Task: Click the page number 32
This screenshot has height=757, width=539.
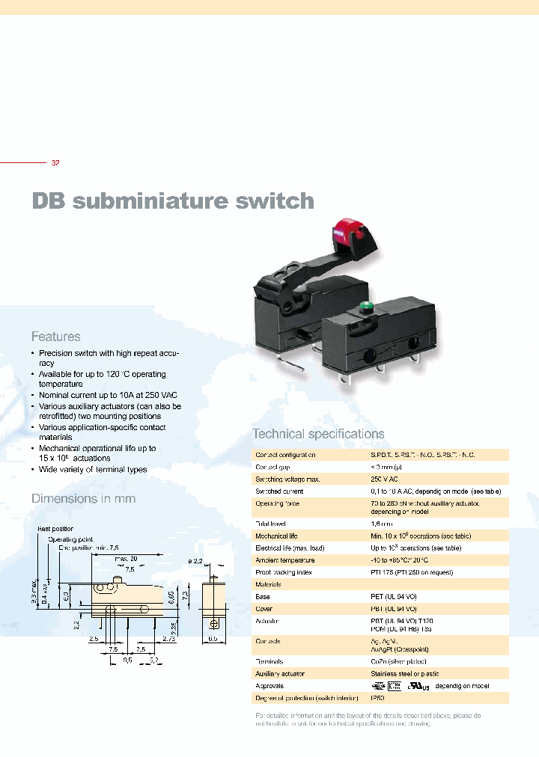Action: (x=55, y=163)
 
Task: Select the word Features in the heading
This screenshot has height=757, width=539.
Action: (x=55, y=337)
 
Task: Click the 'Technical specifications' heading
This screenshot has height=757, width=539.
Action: (x=318, y=434)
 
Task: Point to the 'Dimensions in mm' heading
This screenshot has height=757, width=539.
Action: (x=83, y=498)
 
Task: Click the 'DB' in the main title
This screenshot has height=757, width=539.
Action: (x=49, y=201)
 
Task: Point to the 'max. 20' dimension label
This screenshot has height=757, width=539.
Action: (x=127, y=558)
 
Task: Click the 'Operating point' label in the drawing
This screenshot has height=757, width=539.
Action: (x=70, y=539)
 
